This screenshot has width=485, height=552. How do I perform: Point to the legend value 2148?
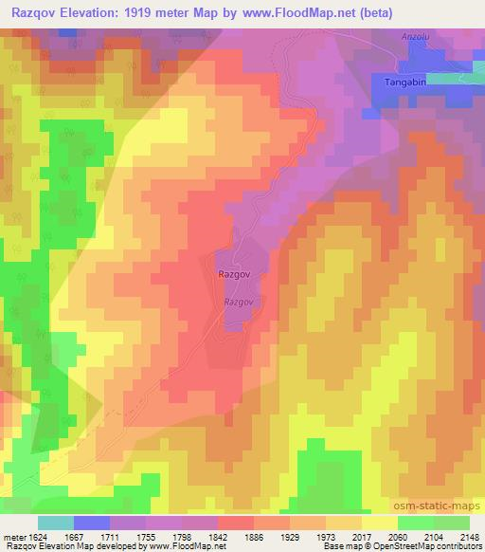tap(470, 537)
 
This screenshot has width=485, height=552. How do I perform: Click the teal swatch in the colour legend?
tap(56, 523)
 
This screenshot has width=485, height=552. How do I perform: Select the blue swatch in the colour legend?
tap(92, 523)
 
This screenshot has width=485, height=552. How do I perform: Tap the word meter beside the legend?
tap(11, 537)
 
